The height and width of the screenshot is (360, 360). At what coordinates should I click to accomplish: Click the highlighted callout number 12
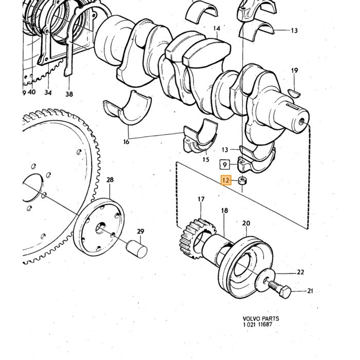click(226, 180)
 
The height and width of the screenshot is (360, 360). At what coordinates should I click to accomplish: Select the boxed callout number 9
click(225, 165)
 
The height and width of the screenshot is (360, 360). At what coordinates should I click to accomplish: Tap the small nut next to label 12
click(242, 181)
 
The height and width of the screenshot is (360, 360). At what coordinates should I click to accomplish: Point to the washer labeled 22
click(265, 280)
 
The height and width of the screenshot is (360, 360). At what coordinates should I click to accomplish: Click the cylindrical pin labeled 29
click(137, 249)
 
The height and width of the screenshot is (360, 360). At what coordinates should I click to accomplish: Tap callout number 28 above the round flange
click(110, 179)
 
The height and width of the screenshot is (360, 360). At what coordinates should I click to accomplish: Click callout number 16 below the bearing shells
click(127, 142)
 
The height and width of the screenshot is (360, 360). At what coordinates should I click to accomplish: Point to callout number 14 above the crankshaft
click(217, 28)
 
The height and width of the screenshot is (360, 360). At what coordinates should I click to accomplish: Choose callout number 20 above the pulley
click(246, 223)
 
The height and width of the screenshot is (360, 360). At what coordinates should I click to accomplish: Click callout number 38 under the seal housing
click(69, 94)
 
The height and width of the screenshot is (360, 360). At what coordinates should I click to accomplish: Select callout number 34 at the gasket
click(48, 93)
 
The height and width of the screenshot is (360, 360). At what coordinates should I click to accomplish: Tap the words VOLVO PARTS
click(261, 319)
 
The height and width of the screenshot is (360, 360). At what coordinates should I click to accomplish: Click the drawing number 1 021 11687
click(258, 325)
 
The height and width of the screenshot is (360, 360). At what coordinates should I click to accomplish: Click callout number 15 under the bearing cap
click(206, 159)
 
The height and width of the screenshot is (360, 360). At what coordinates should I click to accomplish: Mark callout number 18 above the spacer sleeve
click(225, 210)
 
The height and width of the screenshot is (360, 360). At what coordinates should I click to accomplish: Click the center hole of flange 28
click(100, 228)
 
